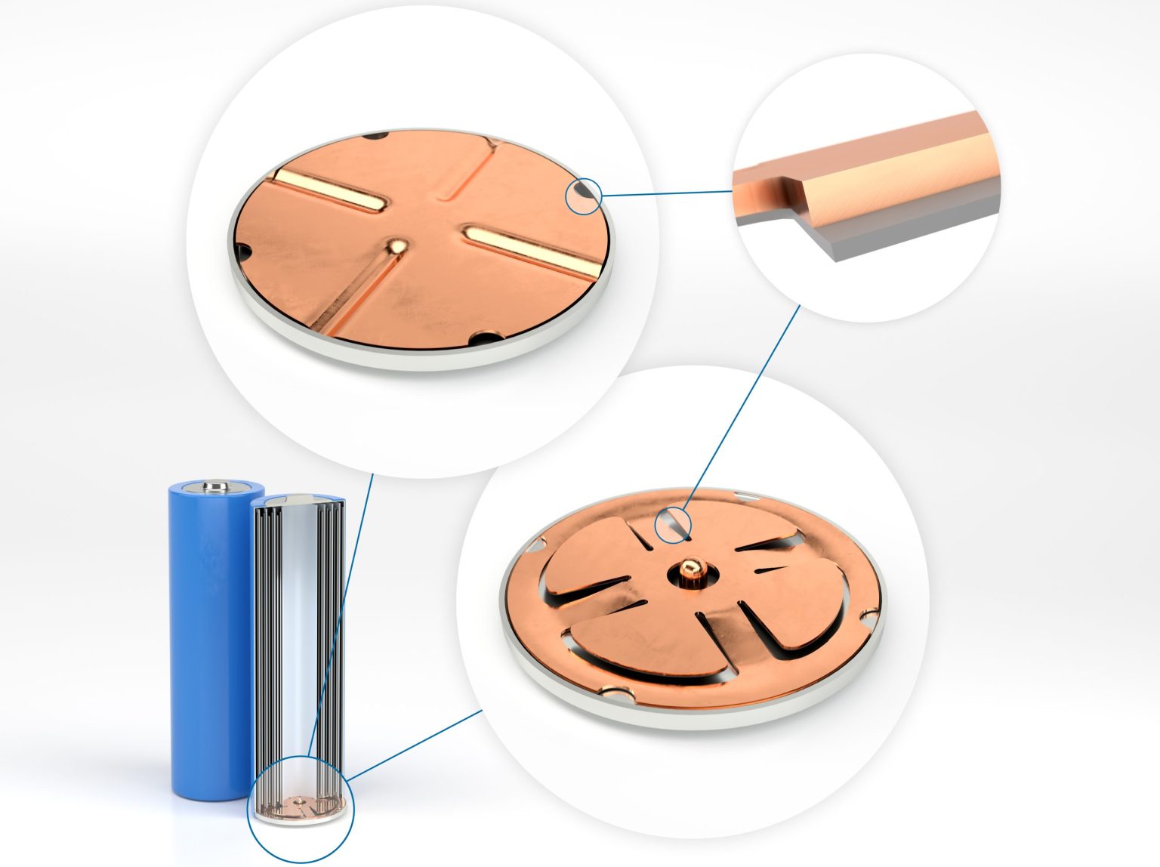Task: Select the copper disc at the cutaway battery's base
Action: (x=301, y=807)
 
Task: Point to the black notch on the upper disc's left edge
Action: (x=242, y=248)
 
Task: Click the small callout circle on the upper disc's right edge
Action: (x=584, y=196)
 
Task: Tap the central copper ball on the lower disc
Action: (x=690, y=568)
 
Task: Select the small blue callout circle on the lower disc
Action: (x=673, y=525)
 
